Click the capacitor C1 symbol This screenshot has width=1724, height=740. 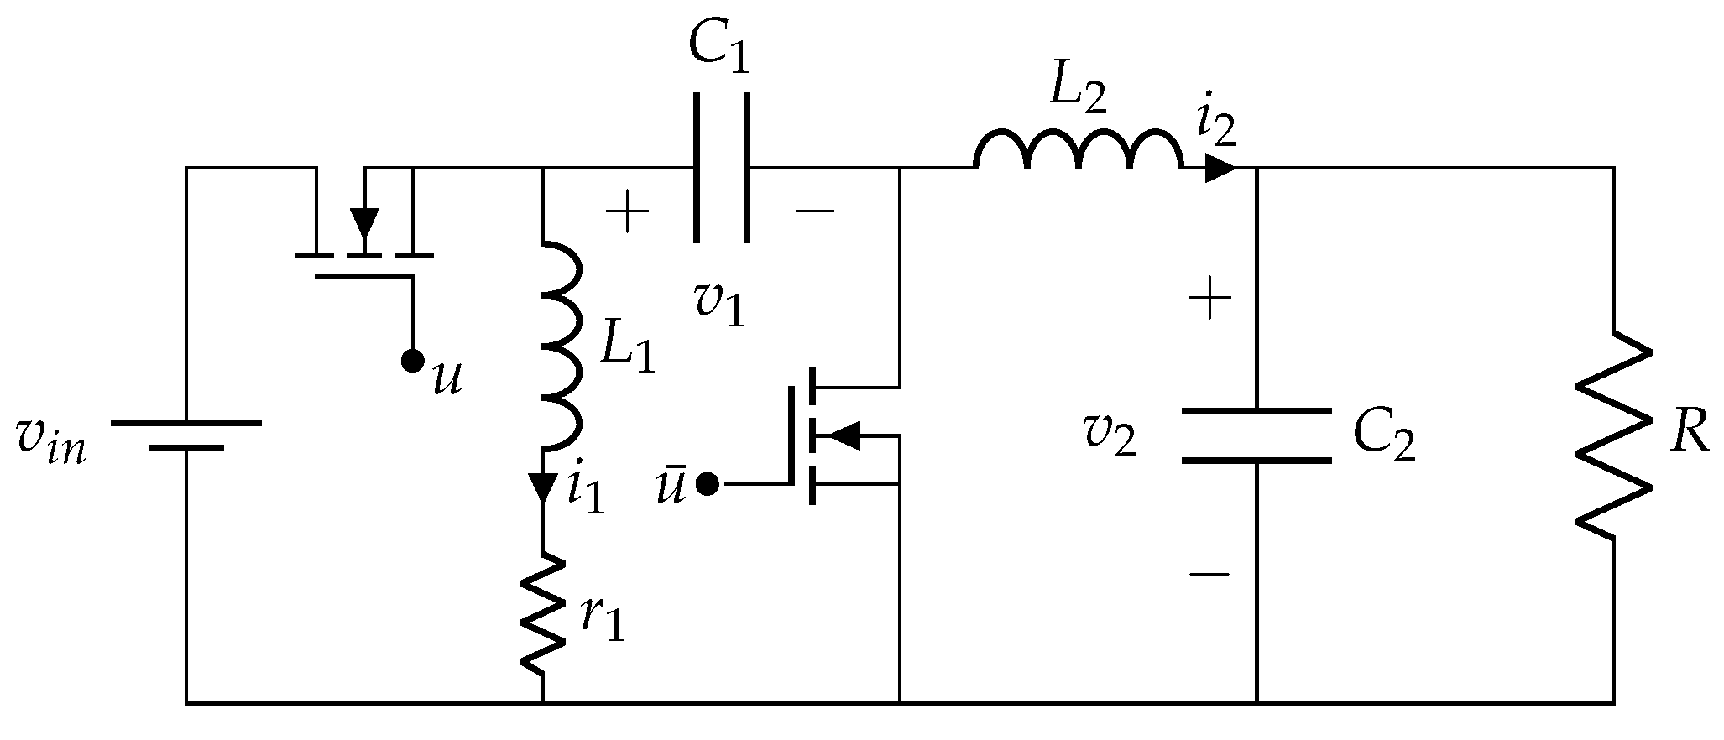point(720,168)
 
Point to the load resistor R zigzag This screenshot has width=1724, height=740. point(1612,432)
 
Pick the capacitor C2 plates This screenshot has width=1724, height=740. point(1256,435)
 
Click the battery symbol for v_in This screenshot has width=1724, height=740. point(186,435)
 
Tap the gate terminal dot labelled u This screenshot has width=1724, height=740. point(411,362)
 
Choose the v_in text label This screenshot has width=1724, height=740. point(50,443)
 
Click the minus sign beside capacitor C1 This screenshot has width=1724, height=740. point(814,211)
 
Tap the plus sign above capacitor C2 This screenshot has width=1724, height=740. point(1209,298)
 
